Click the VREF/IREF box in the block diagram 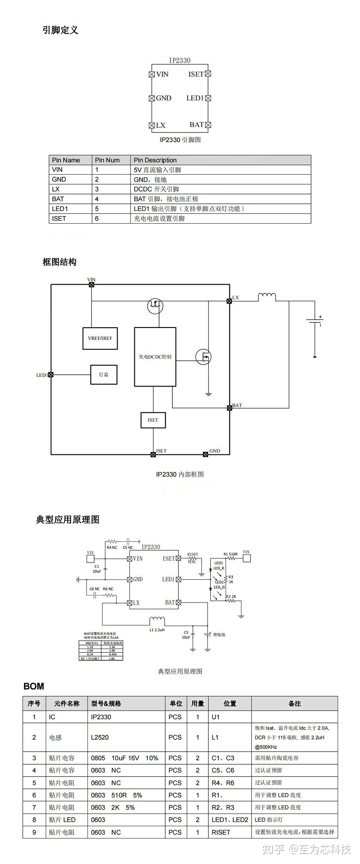[x=100, y=338]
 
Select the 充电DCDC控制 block [x=155, y=357]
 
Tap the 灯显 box [x=104, y=374]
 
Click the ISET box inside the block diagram [x=153, y=420]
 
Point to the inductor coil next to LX [x=267, y=297]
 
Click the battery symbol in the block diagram [x=314, y=321]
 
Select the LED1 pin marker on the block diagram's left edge [x=51, y=374]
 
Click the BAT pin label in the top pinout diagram [x=197, y=125]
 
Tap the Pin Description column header [x=155, y=160]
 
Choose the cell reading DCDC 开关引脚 [x=156, y=189]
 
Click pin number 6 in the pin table [x=97, y=219]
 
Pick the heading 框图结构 [x=59, y=262]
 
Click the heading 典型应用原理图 [x=68, y=519]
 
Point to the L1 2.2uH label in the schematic [x=157, y=630]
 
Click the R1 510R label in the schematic [x=230, y=554]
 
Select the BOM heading [x=34, y=687]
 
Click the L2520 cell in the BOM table [x=100, y=737]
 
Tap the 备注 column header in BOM [x=294, y=703]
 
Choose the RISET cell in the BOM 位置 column [x=221, y=832]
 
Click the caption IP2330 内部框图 [x=180, y=474]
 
